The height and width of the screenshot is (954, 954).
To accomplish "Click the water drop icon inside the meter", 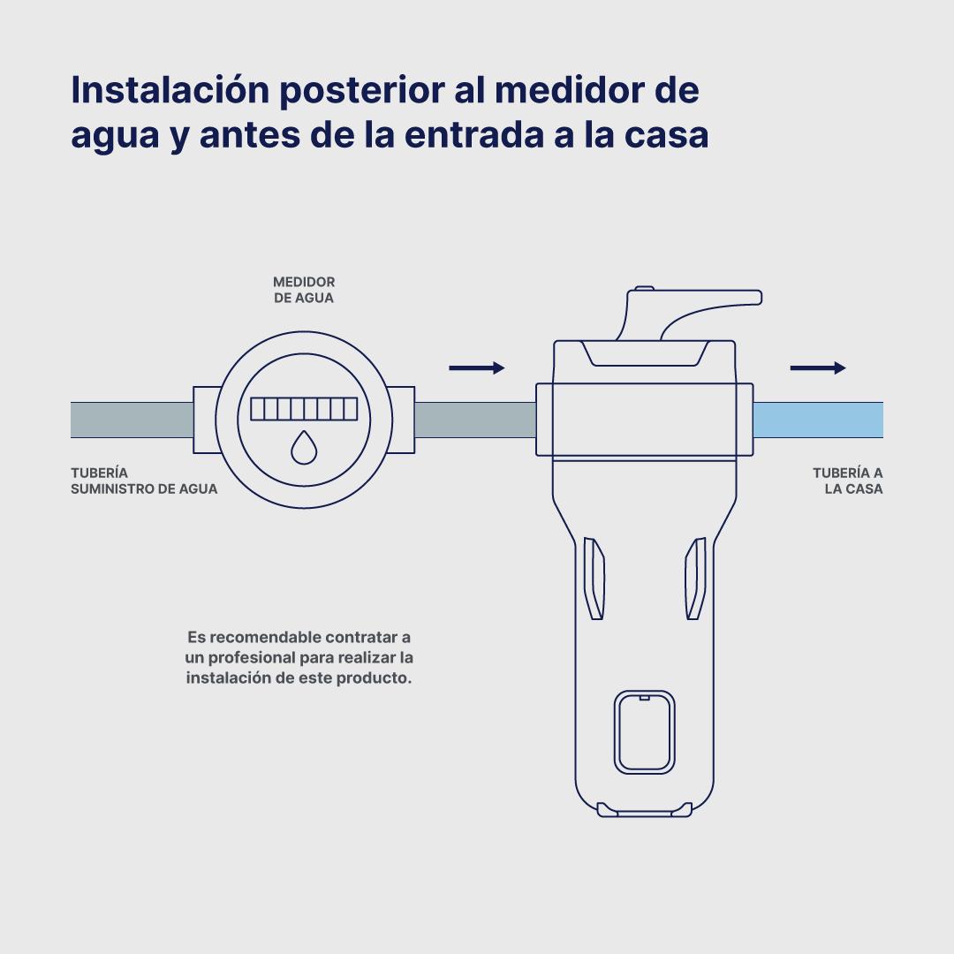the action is point(304,448).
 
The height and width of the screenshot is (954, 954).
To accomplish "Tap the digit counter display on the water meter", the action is point(304,409).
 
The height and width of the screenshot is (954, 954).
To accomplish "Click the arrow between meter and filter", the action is point(477,367).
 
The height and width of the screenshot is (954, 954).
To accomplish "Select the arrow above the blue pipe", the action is point(818,367).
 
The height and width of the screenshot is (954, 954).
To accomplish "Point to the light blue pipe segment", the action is point(818,420).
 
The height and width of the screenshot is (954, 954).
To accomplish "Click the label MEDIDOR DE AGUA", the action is point(304,290).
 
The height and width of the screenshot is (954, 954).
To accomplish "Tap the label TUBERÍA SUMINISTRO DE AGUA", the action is point(144,481).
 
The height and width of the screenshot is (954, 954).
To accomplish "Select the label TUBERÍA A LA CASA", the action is point(847,481).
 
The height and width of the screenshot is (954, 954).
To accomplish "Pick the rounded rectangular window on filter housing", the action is point(644,732).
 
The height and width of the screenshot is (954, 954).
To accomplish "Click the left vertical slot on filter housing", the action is point(594,578).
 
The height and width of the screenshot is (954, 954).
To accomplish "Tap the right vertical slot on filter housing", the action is point(695,578).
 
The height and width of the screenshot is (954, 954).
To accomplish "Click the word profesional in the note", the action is point(251,658).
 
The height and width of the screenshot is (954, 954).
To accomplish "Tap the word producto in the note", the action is point(374,678).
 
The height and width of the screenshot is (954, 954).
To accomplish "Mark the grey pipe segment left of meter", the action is point(132,420).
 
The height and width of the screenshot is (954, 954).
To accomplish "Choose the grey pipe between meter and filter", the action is point(475,420).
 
